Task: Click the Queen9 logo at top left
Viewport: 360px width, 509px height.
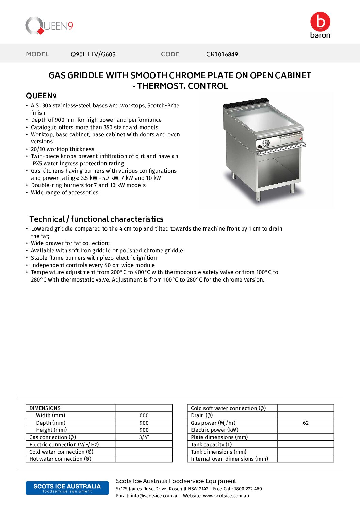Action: click(49, 26)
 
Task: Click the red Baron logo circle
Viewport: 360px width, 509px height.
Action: click(320, 22)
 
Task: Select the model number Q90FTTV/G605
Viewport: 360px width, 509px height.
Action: click(93, 54)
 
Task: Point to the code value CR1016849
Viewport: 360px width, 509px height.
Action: click(222, 54)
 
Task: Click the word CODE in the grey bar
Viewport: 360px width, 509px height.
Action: click(170, 54)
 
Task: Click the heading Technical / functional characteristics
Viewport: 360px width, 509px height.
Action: click(96, 219)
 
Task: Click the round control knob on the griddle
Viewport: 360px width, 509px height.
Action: click(266, 143)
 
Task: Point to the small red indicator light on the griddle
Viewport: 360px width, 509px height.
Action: click(301, 138)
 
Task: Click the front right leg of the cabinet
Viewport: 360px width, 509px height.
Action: click(292, 188)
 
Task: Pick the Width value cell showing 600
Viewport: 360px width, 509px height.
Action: click(144, 415)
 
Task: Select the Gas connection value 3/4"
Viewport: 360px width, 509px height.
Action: click(144, 437)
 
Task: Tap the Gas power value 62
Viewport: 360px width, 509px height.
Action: click(306, 423)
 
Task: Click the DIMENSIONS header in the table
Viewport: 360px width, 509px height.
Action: click(45, 408)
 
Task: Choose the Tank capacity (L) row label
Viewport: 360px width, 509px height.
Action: click(211, 444)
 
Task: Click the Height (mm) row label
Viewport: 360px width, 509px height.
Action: click(51, 430)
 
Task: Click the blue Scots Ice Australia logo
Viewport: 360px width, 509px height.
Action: click(67, 488)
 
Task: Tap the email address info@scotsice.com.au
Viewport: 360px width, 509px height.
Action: click(154, 496)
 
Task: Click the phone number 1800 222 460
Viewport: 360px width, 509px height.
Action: click(248, 489)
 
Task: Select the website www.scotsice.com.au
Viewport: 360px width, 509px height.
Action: click(226, 496)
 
